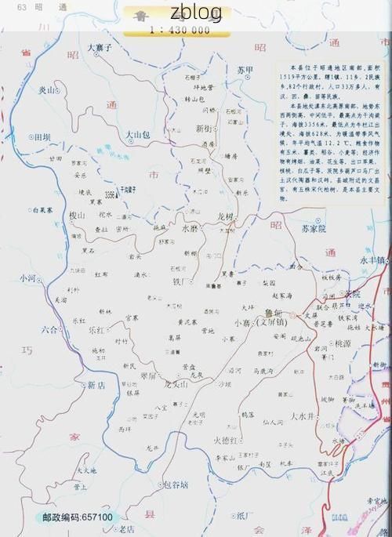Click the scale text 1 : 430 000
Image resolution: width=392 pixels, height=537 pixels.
coord(180,31)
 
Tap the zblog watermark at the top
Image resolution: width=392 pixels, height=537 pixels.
coord(195,13)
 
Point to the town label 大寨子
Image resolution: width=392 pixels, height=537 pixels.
coord(101,49)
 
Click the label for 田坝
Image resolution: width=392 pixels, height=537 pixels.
coord(41,137)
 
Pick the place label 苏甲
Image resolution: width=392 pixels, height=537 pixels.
coord(245,71)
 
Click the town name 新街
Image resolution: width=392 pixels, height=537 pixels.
coord(205,129)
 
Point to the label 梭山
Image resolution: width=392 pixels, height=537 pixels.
coord(76,216)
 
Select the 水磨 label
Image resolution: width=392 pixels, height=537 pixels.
coord(191,229)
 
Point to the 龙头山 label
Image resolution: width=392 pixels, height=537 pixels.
coord(176,384)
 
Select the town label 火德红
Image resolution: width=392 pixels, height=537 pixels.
coord(227,441)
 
